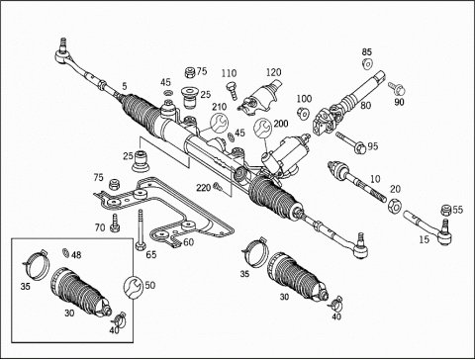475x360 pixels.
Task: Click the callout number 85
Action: [367, 51]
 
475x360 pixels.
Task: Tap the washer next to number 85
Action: [367, 63]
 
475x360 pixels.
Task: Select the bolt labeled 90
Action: [397, 88]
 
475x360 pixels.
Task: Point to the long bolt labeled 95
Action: [350, 142]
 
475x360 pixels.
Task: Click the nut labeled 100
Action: [303, 114]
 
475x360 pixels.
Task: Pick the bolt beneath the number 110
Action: [232, 90]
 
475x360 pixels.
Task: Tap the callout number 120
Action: [274, 72]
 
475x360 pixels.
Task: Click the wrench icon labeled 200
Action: [263, 128]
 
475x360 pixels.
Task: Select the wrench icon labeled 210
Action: [219, 123]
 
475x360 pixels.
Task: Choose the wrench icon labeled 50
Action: [134, 286]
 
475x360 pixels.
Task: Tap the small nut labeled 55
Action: [446, 210]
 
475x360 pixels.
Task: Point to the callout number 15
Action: [425, 239]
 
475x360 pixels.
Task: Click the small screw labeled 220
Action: [218, 187]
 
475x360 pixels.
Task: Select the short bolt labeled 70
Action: [115, 223]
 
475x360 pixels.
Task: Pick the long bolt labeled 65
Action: [141, 229]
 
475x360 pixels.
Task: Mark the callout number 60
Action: [188, 242]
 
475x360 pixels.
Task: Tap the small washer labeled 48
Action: [65, 253]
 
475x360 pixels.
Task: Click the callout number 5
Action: [124, 86]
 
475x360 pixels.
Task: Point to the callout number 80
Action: [366, 106]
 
